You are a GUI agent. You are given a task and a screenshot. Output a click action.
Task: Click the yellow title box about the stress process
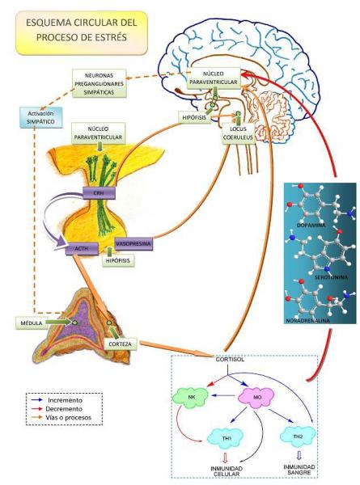[82, 33]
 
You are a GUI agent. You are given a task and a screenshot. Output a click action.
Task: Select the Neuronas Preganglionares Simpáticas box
[100, 83]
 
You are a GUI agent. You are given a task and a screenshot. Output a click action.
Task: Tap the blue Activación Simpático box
[41, 117]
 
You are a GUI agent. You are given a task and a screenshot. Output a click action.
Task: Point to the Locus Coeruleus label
[239, 133]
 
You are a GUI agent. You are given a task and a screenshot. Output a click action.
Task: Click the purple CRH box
[99, 193]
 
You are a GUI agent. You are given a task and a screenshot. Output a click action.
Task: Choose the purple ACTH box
[82, 249]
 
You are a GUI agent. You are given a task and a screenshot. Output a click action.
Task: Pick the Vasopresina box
[133, 244]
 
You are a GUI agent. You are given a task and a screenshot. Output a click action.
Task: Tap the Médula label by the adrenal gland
[32, 323]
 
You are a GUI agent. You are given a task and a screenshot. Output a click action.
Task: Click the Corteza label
[120, 344]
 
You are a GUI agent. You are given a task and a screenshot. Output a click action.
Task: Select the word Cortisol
[230, 360]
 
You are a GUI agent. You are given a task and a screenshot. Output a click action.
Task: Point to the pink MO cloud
[256, 397]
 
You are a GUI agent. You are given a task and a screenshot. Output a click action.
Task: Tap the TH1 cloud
[225, 438]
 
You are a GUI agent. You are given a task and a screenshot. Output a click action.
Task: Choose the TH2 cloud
[298, 436]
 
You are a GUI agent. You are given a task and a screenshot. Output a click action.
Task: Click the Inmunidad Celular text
[227, 471]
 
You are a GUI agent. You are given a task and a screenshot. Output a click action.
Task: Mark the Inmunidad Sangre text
[299, 470]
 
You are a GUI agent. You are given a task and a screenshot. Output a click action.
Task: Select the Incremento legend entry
[57, 400]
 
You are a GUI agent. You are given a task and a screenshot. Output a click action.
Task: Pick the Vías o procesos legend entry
[61, 418]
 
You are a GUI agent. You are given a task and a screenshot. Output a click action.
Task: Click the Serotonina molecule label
[331, 277]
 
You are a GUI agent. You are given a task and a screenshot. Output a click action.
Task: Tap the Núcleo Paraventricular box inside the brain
[214, 78]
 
